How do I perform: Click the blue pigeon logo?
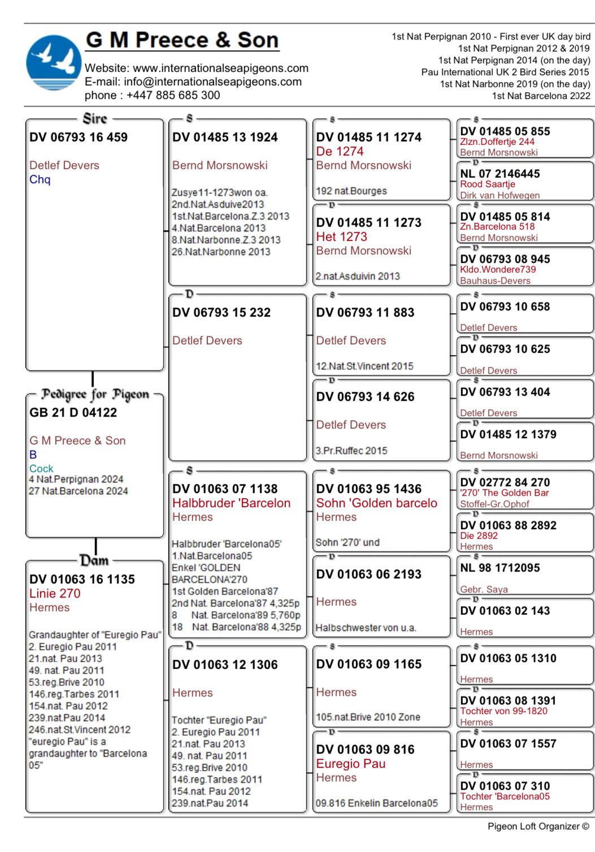click(x=54, y=63)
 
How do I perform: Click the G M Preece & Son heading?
click(x=182, y=40)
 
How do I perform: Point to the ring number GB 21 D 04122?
click(x=73, y=413)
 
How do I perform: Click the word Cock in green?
click(x=41, y=469)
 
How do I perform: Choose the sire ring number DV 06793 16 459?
click(x=79, y=137)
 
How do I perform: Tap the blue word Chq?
click(x=40, y=180)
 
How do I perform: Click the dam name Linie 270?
click(x=55, y=594)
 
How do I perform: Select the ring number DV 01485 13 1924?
click(x=225, y=137)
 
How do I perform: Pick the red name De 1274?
click(x=340, y=152)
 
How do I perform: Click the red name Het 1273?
click(x=341, y=237)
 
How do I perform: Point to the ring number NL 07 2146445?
click(x=500, y=174)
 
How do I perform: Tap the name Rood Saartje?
click(x=487, y=184)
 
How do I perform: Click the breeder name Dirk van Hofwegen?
click(x=500, y=195)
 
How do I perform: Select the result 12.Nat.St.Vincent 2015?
click(x=364, y=366)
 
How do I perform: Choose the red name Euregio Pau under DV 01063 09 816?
click(x=350, y=764)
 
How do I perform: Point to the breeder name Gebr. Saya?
click(x=484, y=589)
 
